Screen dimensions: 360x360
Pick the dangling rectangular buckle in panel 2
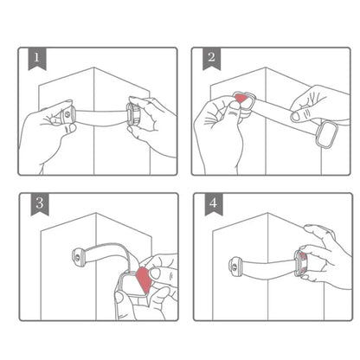(x=328, y=135)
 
